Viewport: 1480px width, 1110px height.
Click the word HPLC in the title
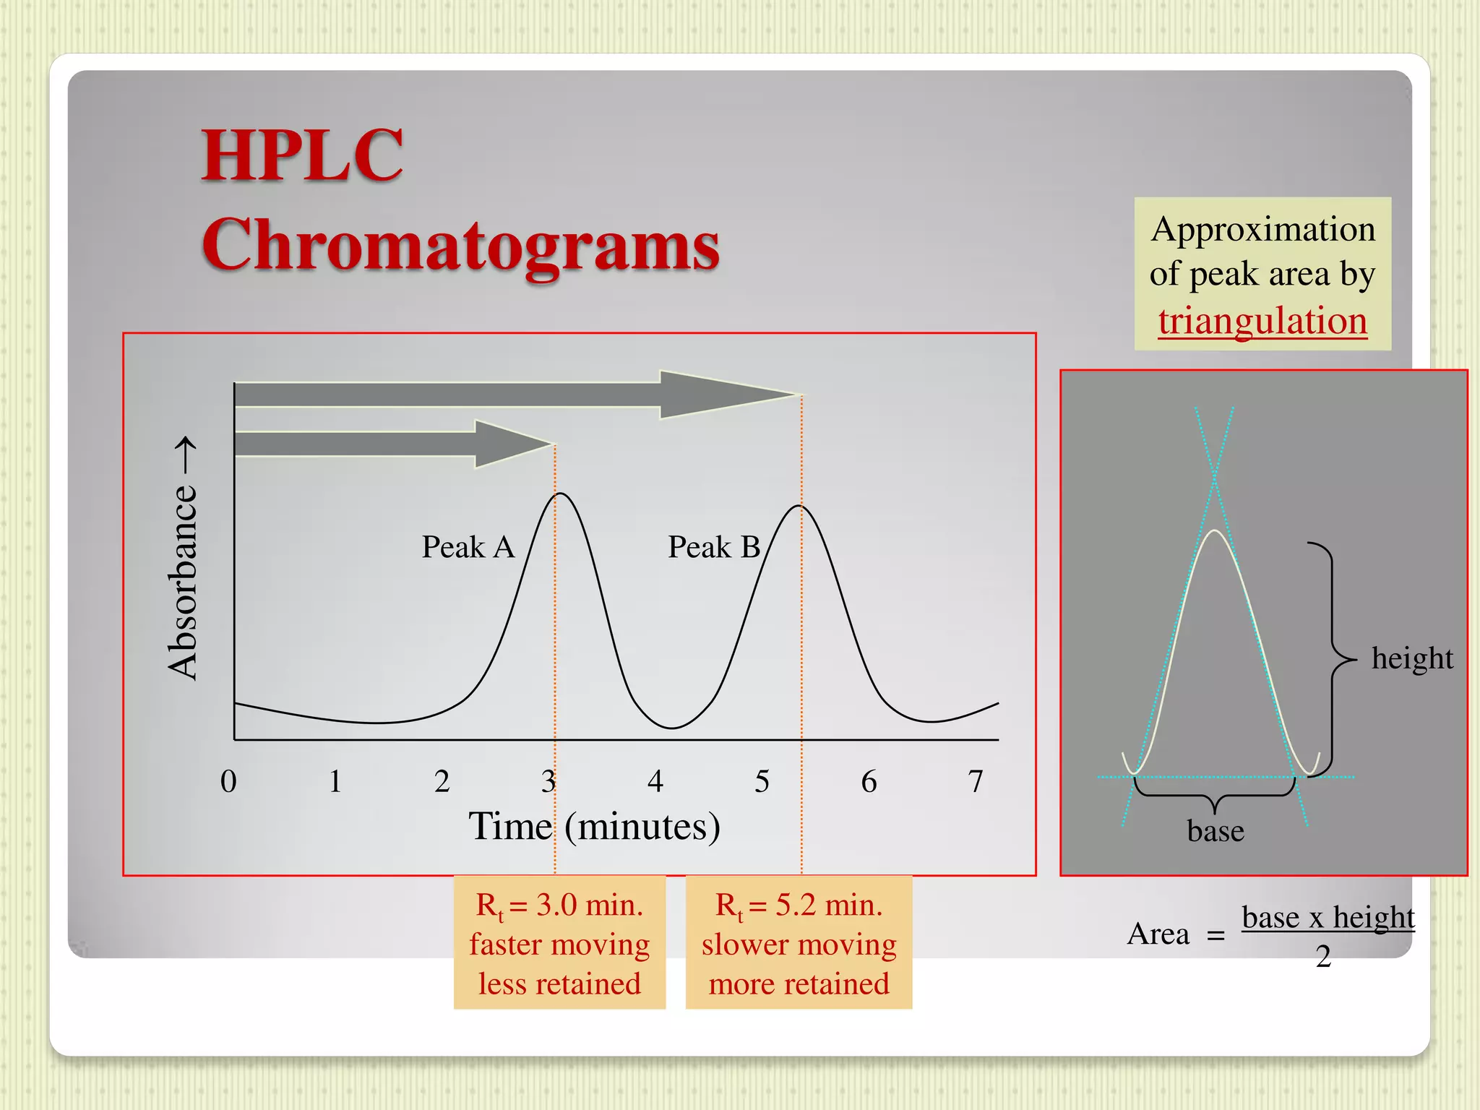point(302,155)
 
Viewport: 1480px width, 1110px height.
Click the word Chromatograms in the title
point(460,246)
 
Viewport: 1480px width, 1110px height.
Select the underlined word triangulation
point(1262,321)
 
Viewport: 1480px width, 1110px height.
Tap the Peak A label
point(468,547)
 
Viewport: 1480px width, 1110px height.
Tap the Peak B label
point(713,547)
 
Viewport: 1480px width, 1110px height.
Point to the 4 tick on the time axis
point(655,781)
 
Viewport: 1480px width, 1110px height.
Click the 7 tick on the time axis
point(976,781)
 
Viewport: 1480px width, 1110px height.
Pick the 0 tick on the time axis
point(228,781)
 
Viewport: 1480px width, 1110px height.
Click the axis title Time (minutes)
point(594,826)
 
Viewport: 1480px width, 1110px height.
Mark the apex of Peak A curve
point(561,494)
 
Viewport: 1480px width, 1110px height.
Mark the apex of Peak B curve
point(800,506)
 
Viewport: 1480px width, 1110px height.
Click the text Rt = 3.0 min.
point(559,905)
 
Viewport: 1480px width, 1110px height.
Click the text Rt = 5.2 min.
point(799,905)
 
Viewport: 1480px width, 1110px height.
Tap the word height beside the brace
point(1411,658)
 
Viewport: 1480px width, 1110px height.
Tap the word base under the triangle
point(1216,831)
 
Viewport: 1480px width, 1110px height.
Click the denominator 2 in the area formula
point(1323,957)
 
